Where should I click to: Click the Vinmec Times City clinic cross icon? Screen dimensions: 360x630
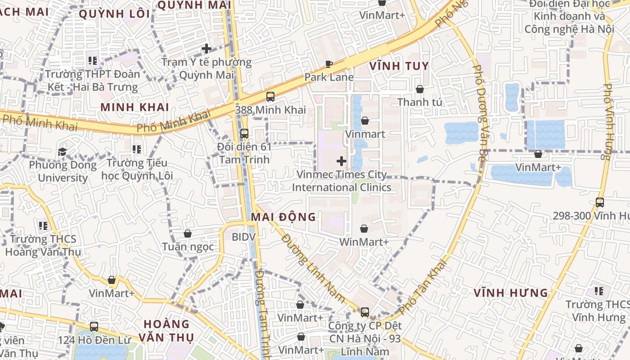[342, 161]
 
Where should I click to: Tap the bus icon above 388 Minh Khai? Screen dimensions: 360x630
[270, 96]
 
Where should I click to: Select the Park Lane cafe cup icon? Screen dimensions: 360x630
[329, 64]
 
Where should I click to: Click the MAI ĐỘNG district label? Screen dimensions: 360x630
[283, 217]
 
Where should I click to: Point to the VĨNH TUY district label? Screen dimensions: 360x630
[399, 66]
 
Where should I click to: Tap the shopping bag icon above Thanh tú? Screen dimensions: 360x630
[420, 89]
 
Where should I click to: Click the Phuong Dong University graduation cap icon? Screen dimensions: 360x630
[63, 152]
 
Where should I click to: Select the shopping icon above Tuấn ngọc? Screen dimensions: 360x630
[188, 234]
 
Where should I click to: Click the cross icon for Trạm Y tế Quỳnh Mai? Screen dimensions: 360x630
[207, 49]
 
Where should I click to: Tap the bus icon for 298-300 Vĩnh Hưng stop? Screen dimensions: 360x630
[600, 202]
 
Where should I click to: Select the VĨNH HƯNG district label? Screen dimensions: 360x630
[511, 293]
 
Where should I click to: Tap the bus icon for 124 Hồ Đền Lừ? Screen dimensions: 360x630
[94, 327]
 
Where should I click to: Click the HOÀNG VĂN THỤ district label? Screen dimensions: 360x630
[166, 330]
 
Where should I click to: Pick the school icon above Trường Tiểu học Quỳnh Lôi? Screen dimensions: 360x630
[137, 149]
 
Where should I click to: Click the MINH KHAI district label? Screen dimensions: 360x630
[135, 107]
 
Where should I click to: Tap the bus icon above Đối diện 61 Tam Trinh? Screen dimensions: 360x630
[244, 134]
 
